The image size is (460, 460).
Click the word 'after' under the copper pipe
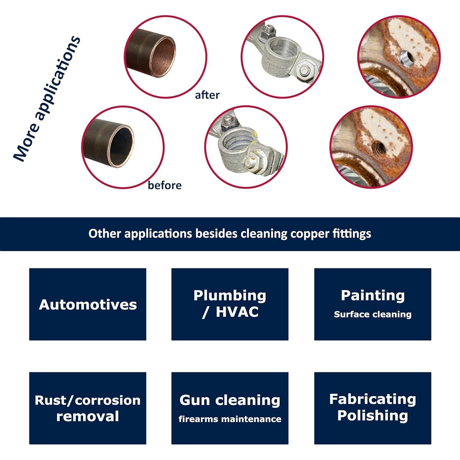[207, 95]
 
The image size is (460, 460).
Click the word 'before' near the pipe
[164, 186]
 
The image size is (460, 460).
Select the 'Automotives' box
[88, 304]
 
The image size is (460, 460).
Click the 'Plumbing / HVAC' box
[230, 304]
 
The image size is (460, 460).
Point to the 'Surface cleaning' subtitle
[373, 314]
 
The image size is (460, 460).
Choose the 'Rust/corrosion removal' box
[88, 408]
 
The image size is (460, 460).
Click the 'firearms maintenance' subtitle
[230, 419]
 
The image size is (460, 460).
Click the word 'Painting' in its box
[373, 295]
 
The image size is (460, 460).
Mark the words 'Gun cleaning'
[230, 400]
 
